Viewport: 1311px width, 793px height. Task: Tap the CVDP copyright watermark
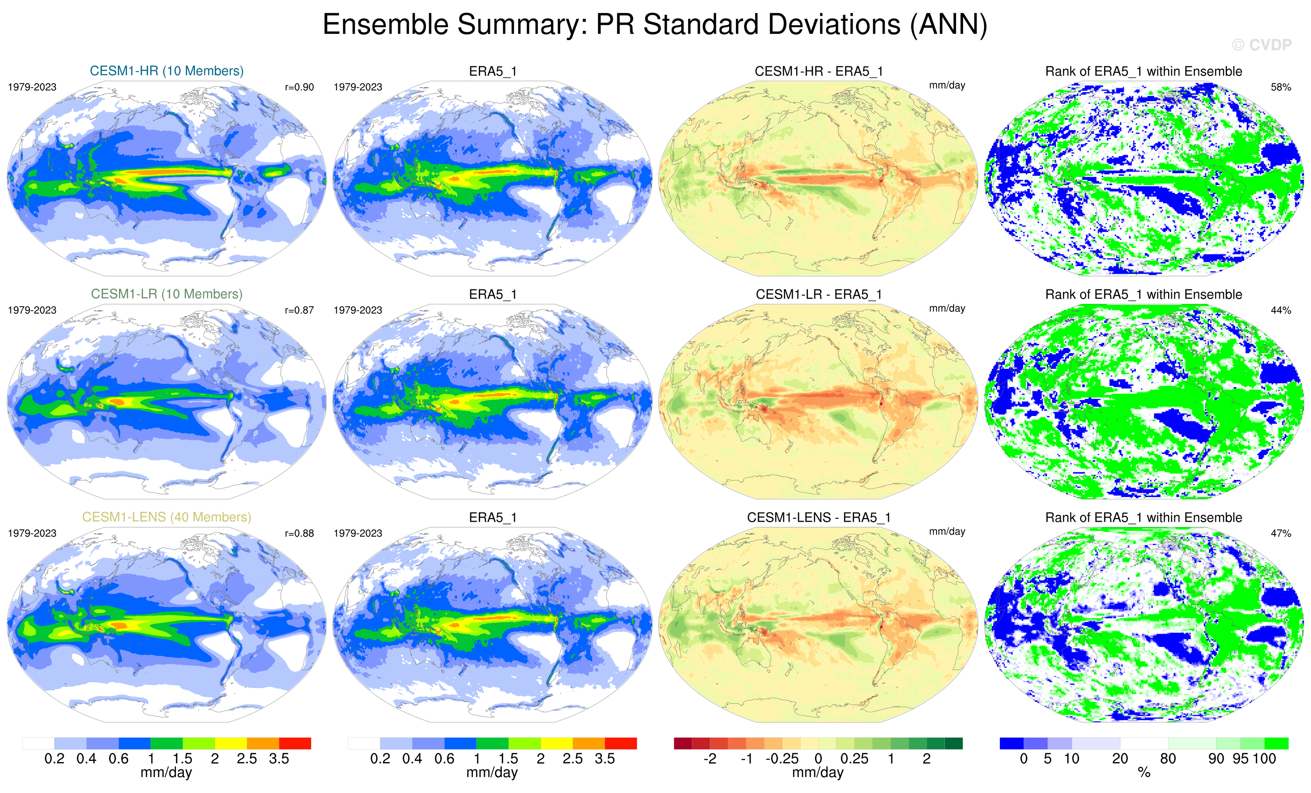click(x=1262, y=45)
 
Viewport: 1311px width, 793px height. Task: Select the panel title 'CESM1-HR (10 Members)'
click(x=166, y=71)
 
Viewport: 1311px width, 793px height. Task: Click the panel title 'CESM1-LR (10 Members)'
click(x=166, y=294)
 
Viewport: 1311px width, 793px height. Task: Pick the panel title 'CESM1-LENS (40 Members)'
click(x=166, y=517)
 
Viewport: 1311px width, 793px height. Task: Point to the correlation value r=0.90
click(x=300, y=87)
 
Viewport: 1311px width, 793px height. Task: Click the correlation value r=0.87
click(x=300, y=310)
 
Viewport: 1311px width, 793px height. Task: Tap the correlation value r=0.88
click(x=300, y=533)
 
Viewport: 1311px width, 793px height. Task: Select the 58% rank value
click(x=1280, y=87)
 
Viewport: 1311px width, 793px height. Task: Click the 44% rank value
click(x=1280, y=310)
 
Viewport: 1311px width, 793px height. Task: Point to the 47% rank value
click(x=1280, y=533)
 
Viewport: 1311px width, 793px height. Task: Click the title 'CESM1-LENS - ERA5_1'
click(x=818, y=517)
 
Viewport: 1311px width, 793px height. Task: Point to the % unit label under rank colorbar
click(x=1144, y=773)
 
